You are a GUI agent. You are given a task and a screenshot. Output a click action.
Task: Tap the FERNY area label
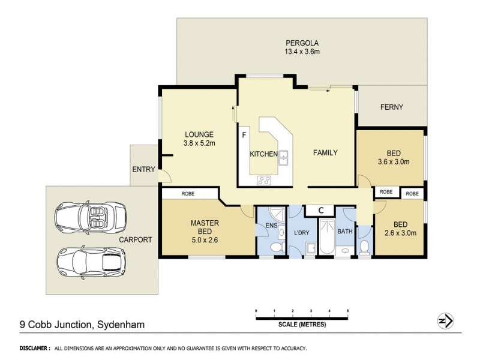391,107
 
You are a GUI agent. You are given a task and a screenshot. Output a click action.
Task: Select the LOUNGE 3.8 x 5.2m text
199,139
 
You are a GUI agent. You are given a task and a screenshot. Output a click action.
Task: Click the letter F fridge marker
244,134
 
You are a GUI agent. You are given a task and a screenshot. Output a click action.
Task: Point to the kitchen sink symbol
284,157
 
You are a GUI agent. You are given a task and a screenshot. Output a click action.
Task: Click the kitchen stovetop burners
264,179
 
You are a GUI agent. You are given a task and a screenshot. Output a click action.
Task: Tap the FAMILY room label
325,152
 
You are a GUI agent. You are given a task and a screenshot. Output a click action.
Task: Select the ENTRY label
143,169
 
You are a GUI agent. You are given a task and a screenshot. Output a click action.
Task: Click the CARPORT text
135,239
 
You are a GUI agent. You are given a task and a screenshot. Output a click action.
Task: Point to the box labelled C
321,210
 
